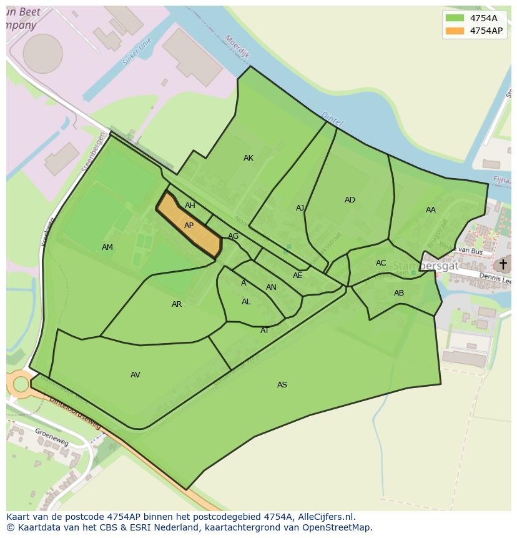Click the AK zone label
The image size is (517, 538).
(x=249, y=158)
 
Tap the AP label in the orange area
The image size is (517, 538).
(x=189, y=226)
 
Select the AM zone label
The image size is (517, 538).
(x=107, y=247)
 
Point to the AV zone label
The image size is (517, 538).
(x=135, y=375)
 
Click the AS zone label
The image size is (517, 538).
(x=282, y=385)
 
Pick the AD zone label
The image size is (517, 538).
(x=350, y=200)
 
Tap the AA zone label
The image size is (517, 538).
(x=431, y=210)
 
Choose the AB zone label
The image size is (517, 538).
(x=399, y=293)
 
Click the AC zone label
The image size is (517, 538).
(x=381, y=263)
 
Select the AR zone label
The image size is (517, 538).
(x=177, y=304)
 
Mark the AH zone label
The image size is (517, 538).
(x=190, y=206)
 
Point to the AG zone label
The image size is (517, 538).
(x=233, y=236)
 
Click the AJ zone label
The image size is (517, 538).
(x=300, y=208)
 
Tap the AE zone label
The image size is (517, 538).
(x=298, y=276)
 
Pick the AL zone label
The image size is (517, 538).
(x=246, y=302)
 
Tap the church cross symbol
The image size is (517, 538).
(x=503, y=264)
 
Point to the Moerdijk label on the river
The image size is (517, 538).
(x=237, y=46)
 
